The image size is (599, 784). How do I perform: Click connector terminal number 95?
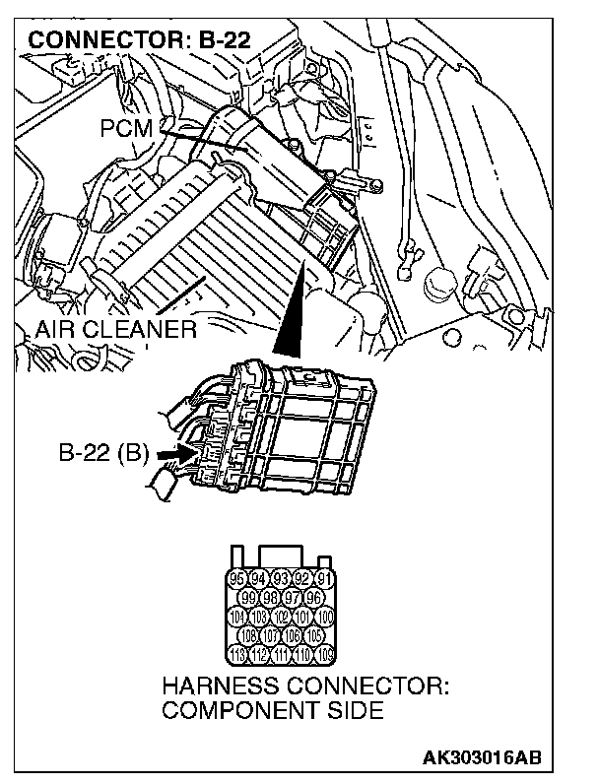click(x=236, y=578)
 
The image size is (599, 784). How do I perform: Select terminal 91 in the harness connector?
click(x=326, y=578)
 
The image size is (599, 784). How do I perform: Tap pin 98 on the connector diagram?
click(x=270, y=597)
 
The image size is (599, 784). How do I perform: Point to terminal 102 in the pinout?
click(x=282, y=617)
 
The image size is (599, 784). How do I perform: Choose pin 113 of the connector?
click(x=236, y=655)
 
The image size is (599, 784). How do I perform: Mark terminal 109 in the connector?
click(x=326, y=655)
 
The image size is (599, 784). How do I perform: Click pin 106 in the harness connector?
click(x=293, y=635)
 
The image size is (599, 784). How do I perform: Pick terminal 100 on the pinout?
click(x=326, y=617)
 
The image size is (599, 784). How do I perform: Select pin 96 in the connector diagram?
click(x=314, y=597)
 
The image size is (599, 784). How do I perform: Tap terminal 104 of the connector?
click(x=236, y=617)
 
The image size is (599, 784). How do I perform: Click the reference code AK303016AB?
click(x=482, y=758)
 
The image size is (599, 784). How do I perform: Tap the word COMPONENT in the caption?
click(x=236, y=710)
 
